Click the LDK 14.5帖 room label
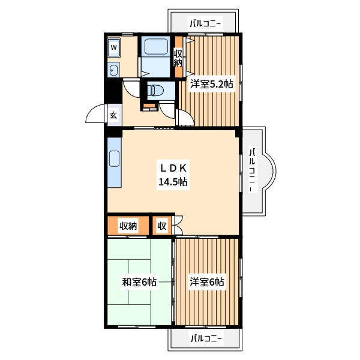pyautogui.click(x=173, y=175)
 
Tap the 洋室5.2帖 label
pyautogui.click(x=212, y=84)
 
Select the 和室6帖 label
pyautogui.click(x=139, y=282)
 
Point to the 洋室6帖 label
pyautogui.click(x=206, y=281)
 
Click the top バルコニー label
pyautogui.click(x=205, y=23)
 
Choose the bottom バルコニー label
pyautogui.click(x=206, y=338)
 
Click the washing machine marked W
pyautogui.click(x=114, y=48)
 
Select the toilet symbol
pyautogui.click(x=156, y=90)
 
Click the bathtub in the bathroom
pyautogui.click(x=156, y=46)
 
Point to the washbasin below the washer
pyautogui.click(x=113, y=70)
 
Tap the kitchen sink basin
pyautogui.click(x=114, y=158)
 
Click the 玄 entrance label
pyautogui.click(x=113, y=115)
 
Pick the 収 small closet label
pyautogui.click(x=162, y=226)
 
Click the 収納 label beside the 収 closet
pyautogui.click(x=128, y=226)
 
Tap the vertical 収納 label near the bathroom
pyautogui.click(x=178, y=58)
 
